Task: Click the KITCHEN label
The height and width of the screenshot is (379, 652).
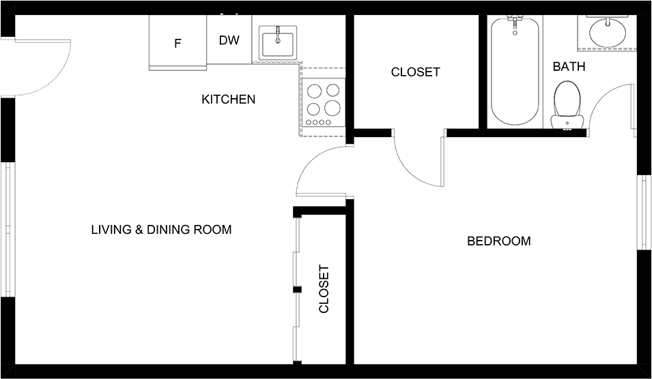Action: click(228, 100)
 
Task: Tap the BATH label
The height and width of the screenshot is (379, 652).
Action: click(569, 66)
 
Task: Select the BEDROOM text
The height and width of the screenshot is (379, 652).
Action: click(499, 241)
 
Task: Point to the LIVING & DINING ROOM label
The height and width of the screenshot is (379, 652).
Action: click(161, 230)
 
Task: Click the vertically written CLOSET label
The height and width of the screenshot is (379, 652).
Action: click(324, 289)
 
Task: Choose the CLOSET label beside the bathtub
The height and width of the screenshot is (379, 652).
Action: click(415, 72)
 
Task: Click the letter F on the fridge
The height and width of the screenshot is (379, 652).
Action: click(178, 43)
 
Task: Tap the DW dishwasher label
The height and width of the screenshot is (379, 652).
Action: click(229, 40)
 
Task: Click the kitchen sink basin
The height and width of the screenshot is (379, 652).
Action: click(278, 43)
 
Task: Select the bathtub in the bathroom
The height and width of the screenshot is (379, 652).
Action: click(515, 70)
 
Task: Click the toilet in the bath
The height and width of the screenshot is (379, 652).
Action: click(567, 104)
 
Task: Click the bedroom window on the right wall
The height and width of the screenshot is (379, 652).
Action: click(644, 212)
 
